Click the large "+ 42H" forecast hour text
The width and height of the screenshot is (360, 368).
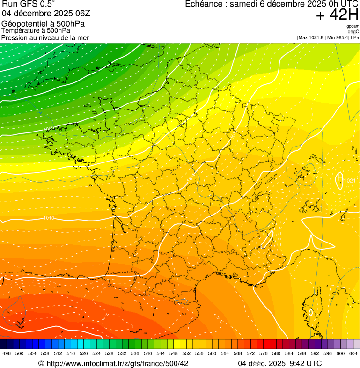337,15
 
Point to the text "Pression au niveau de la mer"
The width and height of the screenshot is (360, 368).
45,37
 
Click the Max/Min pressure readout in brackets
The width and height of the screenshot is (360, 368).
328,37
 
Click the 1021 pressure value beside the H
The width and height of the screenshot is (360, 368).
350,180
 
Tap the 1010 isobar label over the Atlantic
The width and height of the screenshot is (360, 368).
48,218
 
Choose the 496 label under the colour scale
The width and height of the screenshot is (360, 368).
7,353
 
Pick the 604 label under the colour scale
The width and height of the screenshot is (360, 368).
353,353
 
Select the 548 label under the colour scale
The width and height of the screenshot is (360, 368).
174,353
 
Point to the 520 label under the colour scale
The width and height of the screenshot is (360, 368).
84,353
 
